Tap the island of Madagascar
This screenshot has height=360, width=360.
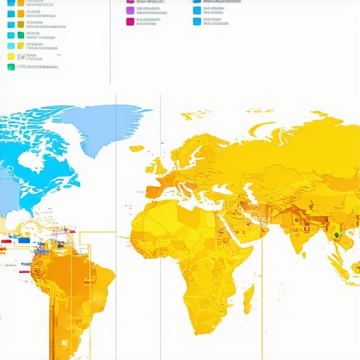pyautogui.click(x=248, y=298)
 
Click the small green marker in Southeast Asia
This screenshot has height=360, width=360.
pyautogui.click(x=336, y=235)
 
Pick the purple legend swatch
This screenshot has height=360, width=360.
pyautogui.click(x=130, y=11)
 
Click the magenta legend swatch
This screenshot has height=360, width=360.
pyautogui.click(x=130, y=22)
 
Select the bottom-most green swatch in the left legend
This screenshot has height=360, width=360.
pyautogui.click(x=11, y=67)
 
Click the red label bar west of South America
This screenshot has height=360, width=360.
pyautogui.click(x=6, y=241)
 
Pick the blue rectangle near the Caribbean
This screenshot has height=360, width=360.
pyautogui.click(x=25, y=240)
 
